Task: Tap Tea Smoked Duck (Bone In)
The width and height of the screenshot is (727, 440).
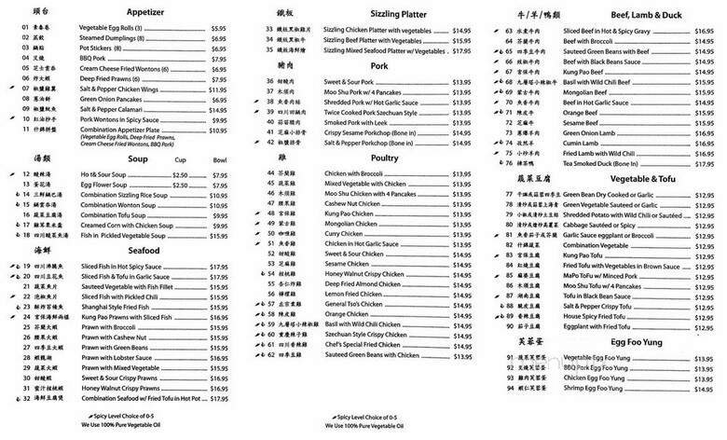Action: [606, 162]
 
